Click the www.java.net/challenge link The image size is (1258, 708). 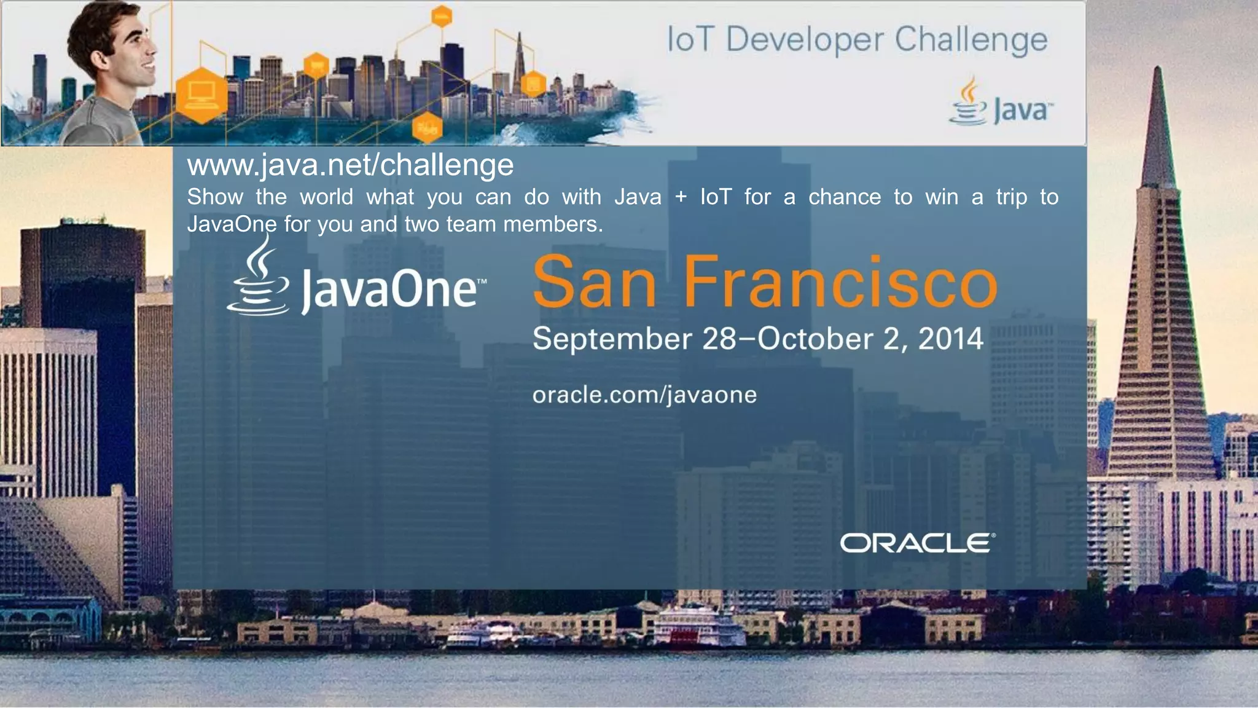point(350,165)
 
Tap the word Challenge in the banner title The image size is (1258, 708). point(971,41)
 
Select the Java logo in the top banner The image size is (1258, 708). point(1001,103)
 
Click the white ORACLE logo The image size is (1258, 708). point(917,543)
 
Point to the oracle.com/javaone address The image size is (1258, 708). point(644,395)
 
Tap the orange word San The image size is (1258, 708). point(595,282)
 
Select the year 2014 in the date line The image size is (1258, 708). point(950,339)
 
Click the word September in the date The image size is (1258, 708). point(612,339)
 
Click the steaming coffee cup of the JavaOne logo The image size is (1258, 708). point(259,280)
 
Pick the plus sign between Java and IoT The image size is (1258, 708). point(681,197)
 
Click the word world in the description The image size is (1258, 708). point(326,197)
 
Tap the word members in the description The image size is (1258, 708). point(552,224)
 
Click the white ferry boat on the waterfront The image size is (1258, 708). point(697,624)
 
